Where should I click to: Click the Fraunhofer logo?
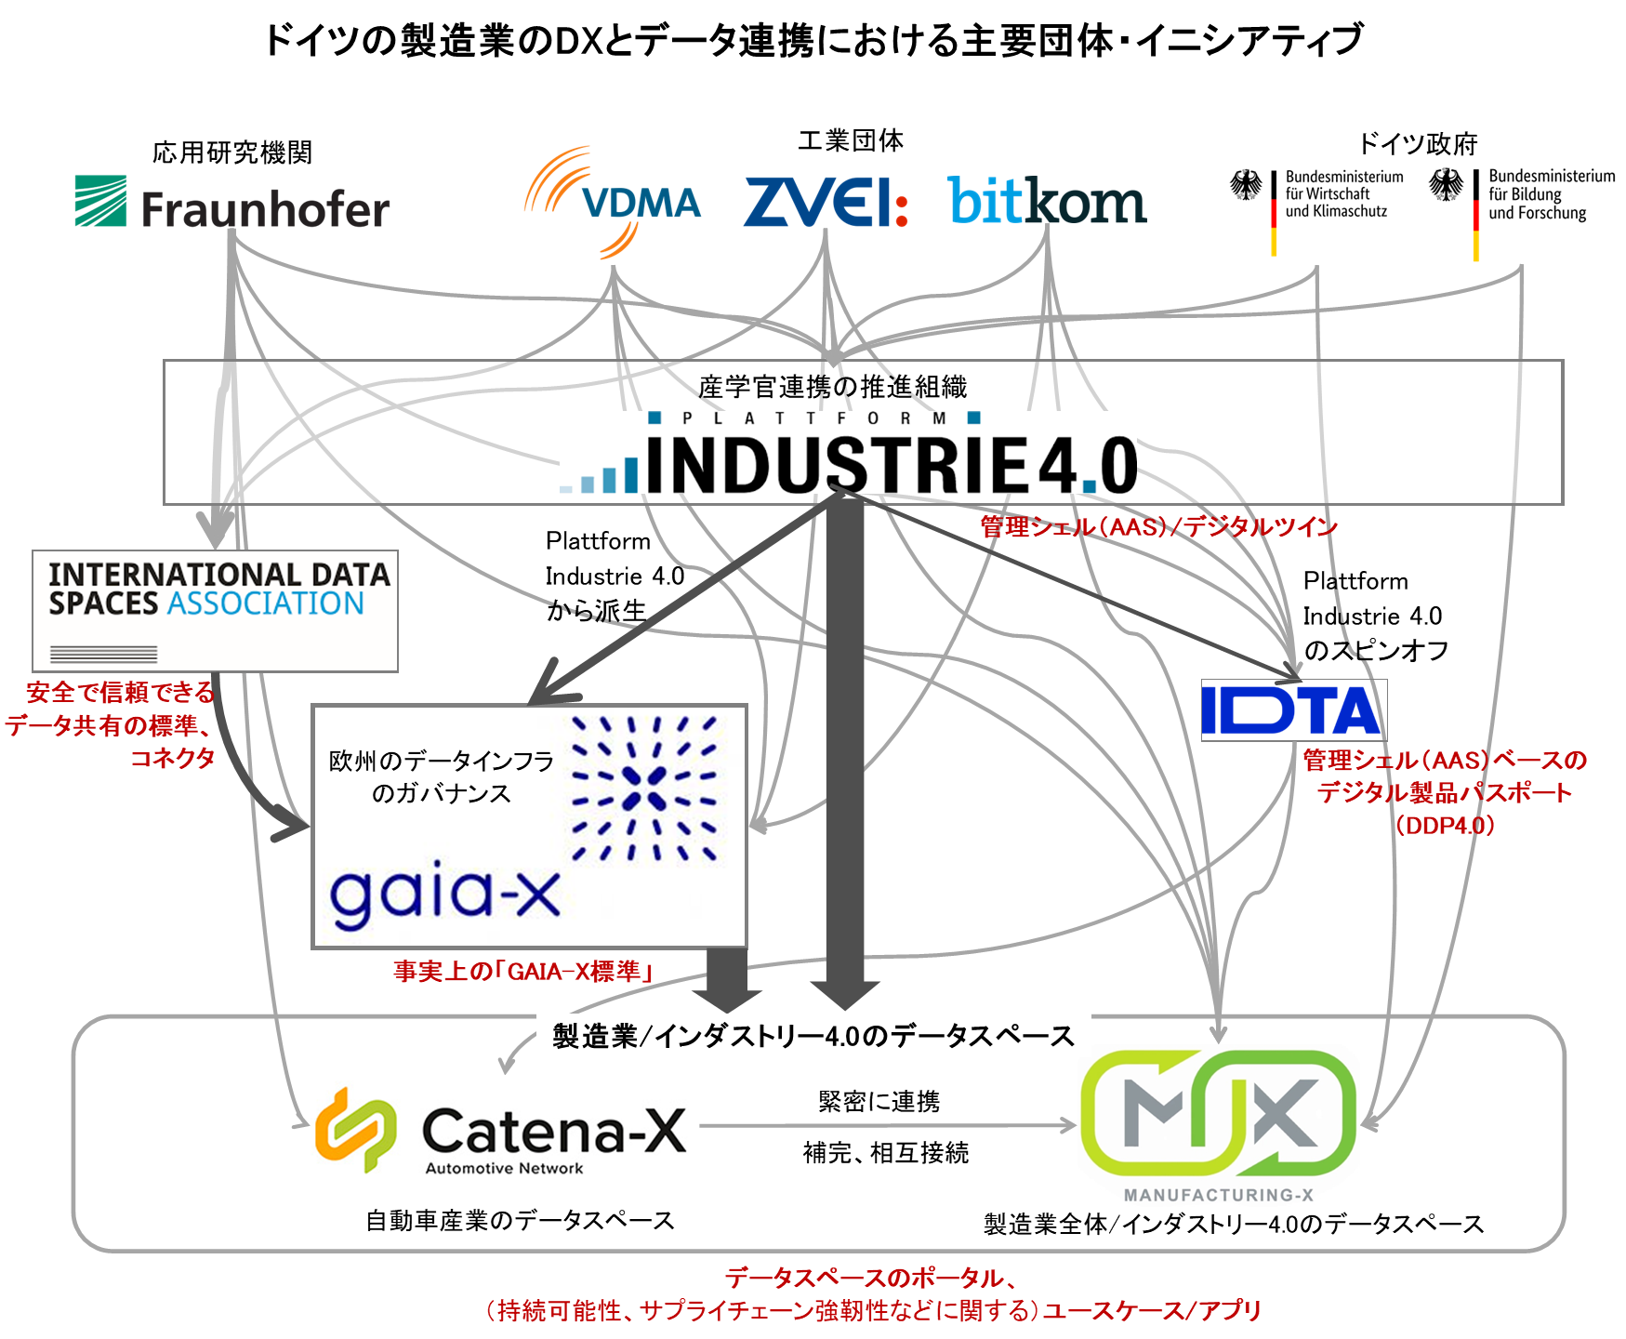click(232, 203)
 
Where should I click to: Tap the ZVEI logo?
click(826, 202)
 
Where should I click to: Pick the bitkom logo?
click(1047, 201)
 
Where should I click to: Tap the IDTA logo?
click(1293, 710)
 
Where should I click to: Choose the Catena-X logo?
click(501, 1132)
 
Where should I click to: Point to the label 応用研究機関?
click(232, 152)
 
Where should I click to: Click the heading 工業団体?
click(851, 140)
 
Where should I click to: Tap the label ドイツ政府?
click(1418, 144)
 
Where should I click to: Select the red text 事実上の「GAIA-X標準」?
click(523, 972)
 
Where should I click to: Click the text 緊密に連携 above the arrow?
click(879, 1102)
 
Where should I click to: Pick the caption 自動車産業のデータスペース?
click(520, 1221)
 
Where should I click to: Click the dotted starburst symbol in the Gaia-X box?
click(643, 789)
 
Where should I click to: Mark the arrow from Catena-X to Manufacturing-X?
click(888, 1126)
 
